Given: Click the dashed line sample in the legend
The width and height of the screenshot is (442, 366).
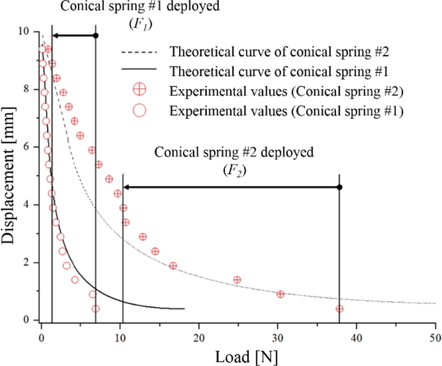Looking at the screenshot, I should (x=139, y=52).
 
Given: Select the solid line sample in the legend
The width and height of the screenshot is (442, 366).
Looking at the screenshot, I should (x=139, y=71).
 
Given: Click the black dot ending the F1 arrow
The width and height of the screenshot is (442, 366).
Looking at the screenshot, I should (x=96, y=35).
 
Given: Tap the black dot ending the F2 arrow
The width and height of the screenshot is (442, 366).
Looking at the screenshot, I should (x=339, y=187).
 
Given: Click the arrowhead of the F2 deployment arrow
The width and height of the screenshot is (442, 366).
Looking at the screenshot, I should (x=127, y=187).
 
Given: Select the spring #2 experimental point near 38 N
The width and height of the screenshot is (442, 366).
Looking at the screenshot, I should (x=339, y=309).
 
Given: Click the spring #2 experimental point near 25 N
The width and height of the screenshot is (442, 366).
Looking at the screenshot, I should (x=237, y=280).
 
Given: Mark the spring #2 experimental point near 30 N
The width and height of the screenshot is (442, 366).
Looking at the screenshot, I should (x=280, y=294).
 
